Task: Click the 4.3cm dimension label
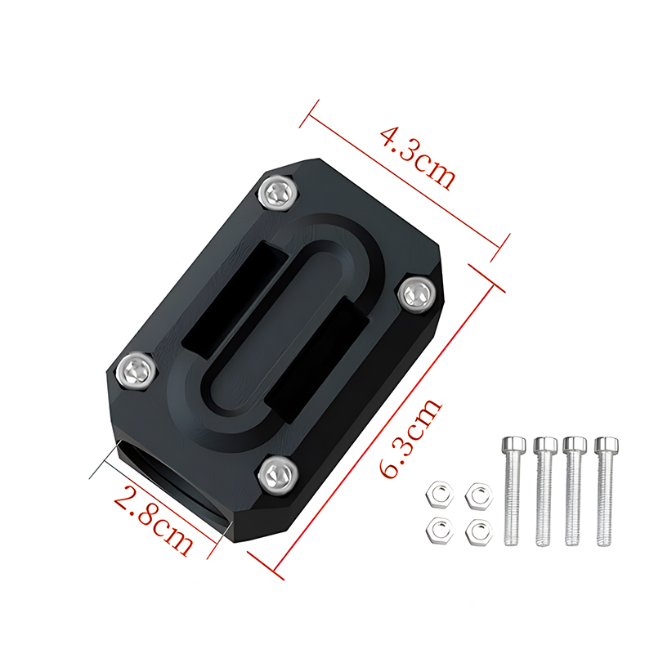click(x=417, y=156)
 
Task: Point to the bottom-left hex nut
click(x=438, y=530)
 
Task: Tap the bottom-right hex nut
click(x=476, y=531)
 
